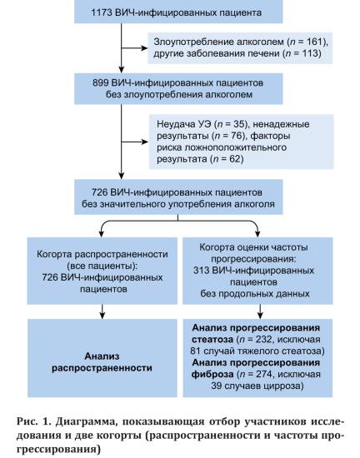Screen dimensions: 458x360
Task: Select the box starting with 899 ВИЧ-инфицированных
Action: click(178, 89)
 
